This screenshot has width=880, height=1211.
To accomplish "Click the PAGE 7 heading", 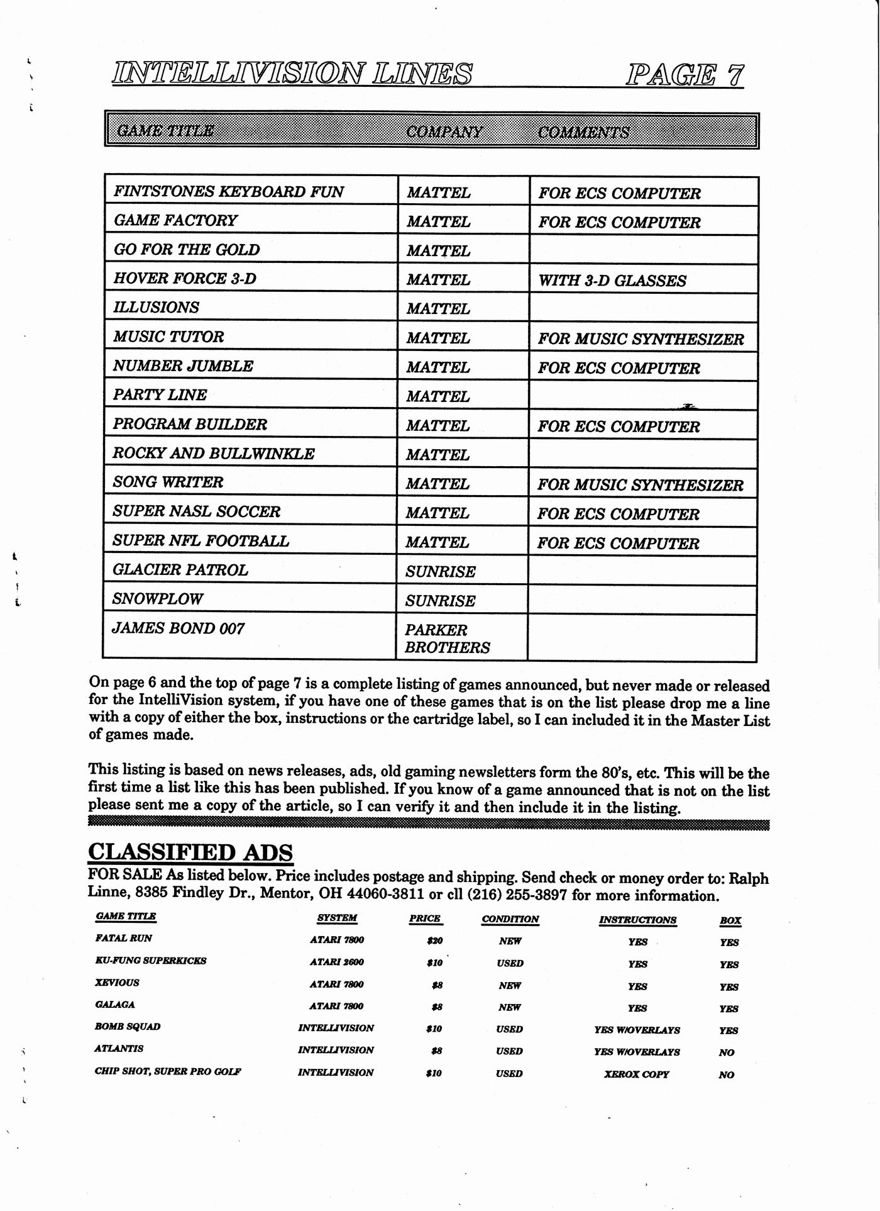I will pyautogui.click(x=685, y=75).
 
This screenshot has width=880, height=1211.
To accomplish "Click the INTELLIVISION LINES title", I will pyautogui.click(x=292, y=73).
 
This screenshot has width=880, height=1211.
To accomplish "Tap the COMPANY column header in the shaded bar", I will pyautogui.click(x=444, y=131).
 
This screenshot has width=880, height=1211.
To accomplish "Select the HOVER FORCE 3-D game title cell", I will pyautogui.click(x=185, y=279).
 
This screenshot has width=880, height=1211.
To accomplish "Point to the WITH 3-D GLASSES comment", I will pyautogui.click(x=612, y=281).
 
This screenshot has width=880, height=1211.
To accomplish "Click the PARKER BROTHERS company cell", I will pyautogui.click(x=447, y=639).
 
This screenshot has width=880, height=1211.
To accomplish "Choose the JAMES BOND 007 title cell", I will pyautogui.click(x=179, y=628).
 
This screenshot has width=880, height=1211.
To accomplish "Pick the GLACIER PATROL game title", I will pyautogui.click(x=180, y=570).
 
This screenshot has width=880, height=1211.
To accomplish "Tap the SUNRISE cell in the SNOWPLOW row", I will pyautogui.click(x=440, y=601).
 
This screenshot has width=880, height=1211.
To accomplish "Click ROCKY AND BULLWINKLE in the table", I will pyautogui.click(x=214, y=454).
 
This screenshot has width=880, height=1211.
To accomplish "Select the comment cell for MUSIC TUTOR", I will pyautogui.click(x=641, y=339).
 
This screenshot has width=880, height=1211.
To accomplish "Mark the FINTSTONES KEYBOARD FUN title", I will pyautogui.click(x=229, y=192).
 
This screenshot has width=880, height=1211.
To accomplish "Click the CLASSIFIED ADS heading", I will pyautogui.click(x=190, y=852).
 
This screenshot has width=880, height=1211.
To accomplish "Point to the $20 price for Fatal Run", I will pyautogui.click(x=434, y=941).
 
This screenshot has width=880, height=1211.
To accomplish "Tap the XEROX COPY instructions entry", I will pyautogui.click(x=637, y=1074).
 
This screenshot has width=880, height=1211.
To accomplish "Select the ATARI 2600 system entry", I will pyautogui.click(x=337, y=962).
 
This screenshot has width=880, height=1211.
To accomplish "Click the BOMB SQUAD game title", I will pyautogui.click(x=128, y=1027).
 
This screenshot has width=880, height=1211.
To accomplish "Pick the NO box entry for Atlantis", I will pyautogui.click(x=727, y=1052).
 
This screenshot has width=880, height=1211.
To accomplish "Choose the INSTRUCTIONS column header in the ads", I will pyautogui.click(x=637, y=920).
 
